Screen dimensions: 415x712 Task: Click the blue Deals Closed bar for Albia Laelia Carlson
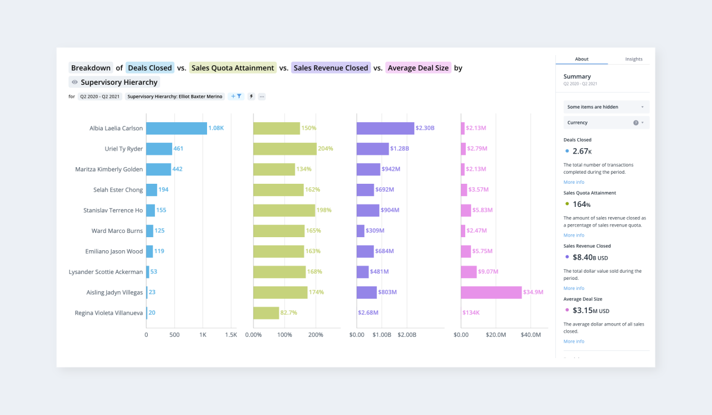tap(176, 128)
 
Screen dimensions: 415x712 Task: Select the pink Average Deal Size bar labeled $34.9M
tap(491, 292)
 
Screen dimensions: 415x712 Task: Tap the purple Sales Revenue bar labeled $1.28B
tap(373, 149)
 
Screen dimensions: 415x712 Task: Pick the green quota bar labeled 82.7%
tap(266, 312)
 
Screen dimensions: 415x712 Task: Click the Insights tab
tap(634, 59)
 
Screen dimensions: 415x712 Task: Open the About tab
tap(581, 59)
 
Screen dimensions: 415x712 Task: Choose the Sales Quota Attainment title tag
tap(233, 68)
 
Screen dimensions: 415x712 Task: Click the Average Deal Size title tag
tap(418, 68)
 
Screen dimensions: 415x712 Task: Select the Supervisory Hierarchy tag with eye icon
tap(114, 82)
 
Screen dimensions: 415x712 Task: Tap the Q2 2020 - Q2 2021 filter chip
tap(100, 96)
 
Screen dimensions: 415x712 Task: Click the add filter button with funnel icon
tap(236, 96)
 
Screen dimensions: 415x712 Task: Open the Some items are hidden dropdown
tap(606, 107)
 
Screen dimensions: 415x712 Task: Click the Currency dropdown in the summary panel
tap(606, 123)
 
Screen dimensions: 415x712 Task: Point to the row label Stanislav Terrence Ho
tap(113, 210)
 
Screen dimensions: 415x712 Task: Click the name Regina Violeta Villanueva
tap(109, 312)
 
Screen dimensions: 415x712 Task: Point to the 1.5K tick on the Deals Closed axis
tap(231, 335)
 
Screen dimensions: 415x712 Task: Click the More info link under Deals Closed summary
tap(574, 182)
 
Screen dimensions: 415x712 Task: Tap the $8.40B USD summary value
tap(590, 257)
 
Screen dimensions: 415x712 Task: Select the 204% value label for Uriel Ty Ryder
tap(326, 149)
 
